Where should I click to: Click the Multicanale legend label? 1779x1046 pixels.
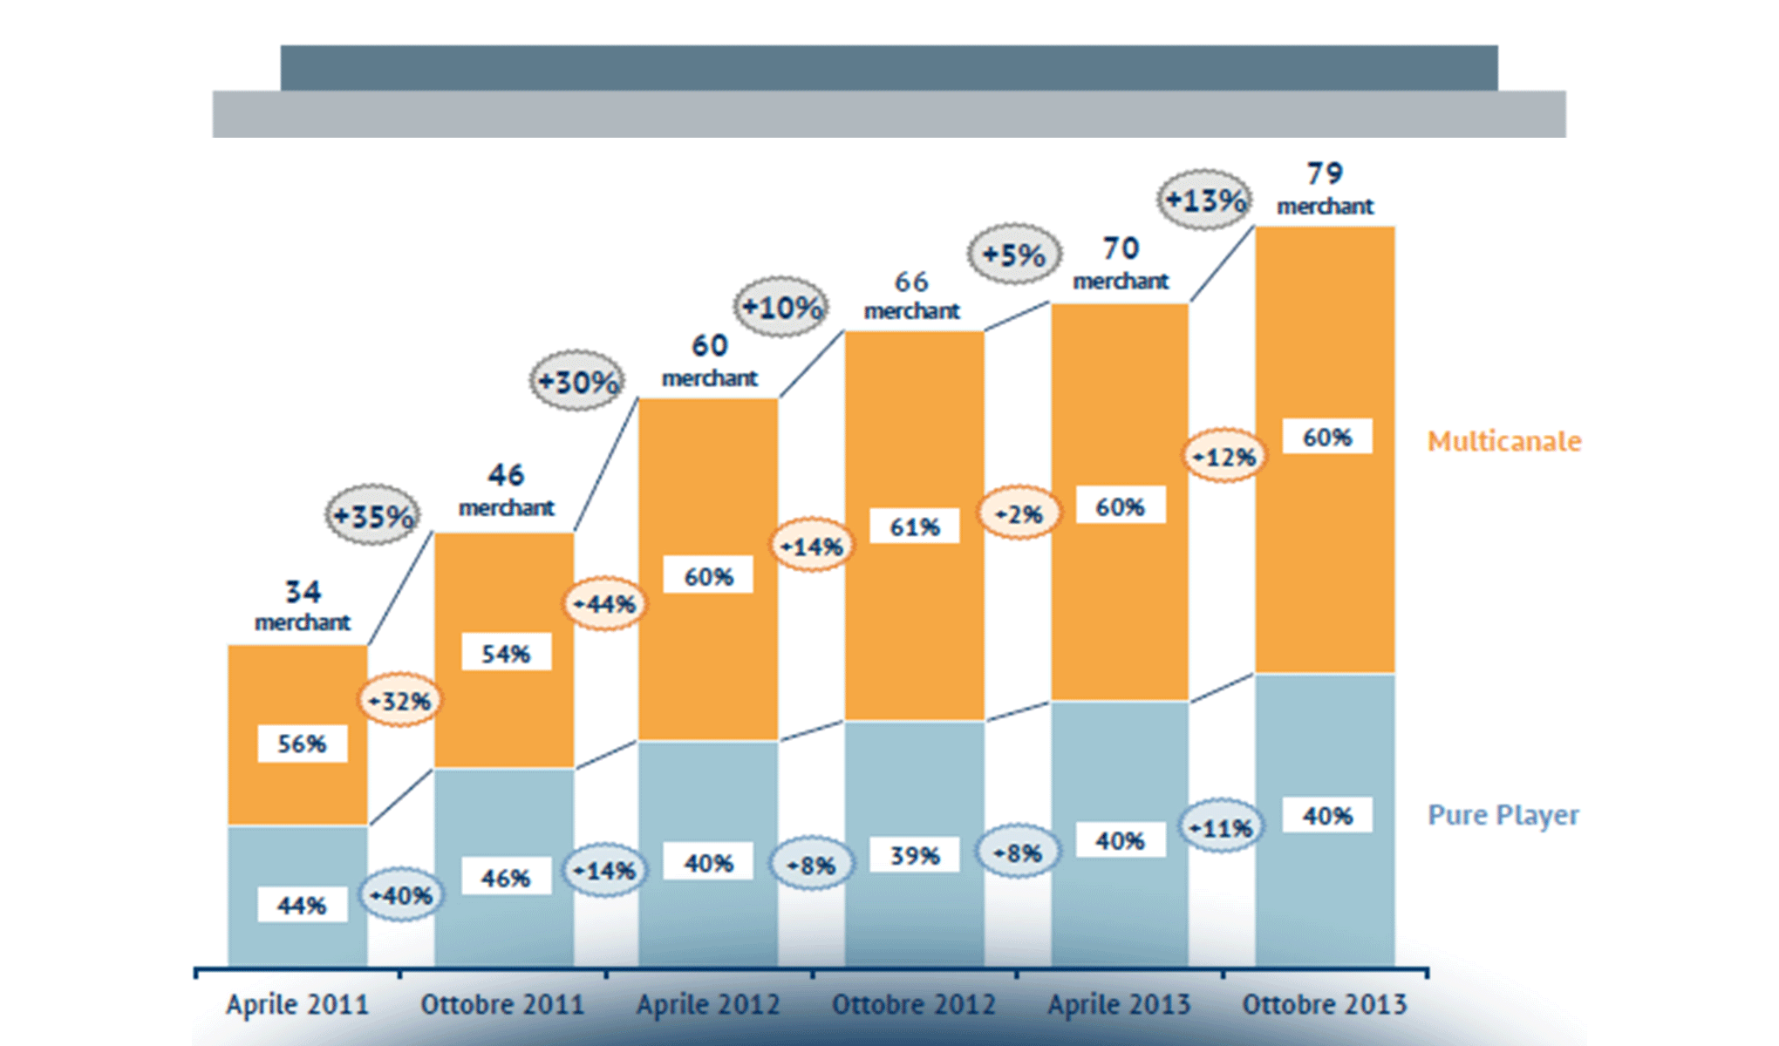click(x=1503, y=441)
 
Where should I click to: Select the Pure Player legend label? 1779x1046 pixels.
click(x=1503, y=815)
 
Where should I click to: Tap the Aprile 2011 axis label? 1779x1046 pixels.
click(x=297, y=1005)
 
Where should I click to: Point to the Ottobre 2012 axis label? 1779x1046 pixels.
click(x=913, y=1005)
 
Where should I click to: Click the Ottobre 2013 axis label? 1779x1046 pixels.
click(x=1324, y=1005)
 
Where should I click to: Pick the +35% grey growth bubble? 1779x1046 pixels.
click(x=373, y=516)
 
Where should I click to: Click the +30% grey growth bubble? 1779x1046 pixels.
click(x=577, y=381)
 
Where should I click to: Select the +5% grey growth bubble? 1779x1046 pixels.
click(x=1014, y=255)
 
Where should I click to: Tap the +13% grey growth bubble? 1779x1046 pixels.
click(x=1205, y=200)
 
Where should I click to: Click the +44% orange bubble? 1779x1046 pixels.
click(x=604, y=603)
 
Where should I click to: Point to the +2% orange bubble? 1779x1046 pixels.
click(x=1019, y=513)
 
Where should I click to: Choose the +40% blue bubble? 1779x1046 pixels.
click(x=401, y=894)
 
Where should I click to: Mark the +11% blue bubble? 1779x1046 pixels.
click(x=1222, y=826)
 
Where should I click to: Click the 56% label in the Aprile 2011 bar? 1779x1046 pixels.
click(x=302, y=744)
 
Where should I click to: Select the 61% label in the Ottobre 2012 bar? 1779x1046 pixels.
click(x=914, y=526)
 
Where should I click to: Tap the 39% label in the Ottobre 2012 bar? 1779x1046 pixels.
click(x=914, y=855)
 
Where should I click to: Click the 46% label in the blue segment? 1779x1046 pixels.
click(x=506, y=877)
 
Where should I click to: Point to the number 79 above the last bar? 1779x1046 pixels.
click(x=1324, y=173)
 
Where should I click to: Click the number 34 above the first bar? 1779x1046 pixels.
click(x=303, y=592)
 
